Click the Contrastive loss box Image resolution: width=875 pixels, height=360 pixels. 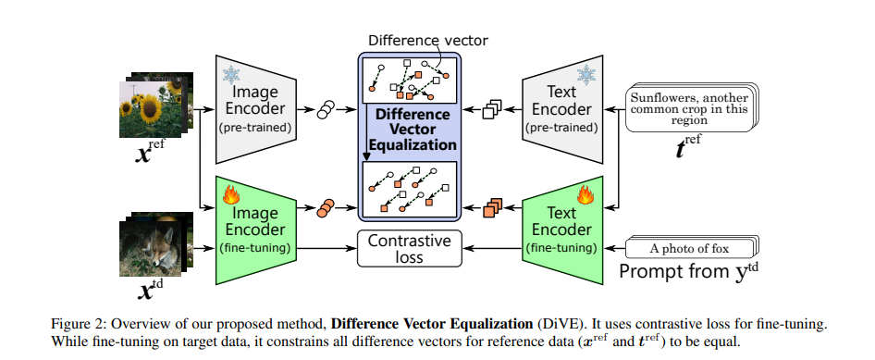coord(409,248)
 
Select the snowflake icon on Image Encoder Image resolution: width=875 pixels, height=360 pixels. coord(228,73)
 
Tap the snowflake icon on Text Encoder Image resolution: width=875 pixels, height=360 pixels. coord(585,73)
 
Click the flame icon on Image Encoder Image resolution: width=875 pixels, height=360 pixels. coord(228,196)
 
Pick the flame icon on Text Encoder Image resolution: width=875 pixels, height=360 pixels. coord(585,196)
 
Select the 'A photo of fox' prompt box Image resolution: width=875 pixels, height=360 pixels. coord(690,247)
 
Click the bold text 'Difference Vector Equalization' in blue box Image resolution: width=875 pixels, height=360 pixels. coord(409,129)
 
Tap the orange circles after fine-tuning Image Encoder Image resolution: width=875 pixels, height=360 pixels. coord(326,208)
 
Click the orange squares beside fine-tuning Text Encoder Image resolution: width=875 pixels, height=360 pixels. coord(493,208)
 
